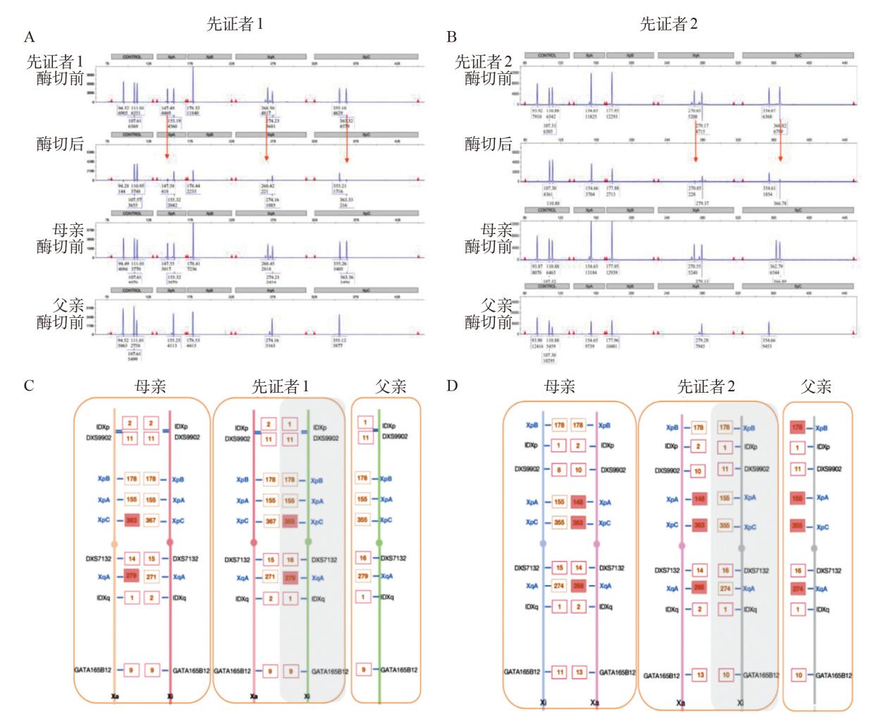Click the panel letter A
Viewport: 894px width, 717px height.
(x=29, y=37)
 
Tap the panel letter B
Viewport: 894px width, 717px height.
(x=452, y=37)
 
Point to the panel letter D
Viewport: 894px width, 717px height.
(x=452, y=386)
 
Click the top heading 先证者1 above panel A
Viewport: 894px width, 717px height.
(x=235, y=24)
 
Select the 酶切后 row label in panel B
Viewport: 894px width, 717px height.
(x=488, y=145)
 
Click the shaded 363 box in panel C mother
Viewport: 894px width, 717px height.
(x=131, y=520)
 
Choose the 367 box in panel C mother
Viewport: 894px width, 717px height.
(x=151, y=520)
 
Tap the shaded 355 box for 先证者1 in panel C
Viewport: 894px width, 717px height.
(x=290, y=521)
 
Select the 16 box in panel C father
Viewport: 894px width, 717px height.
(x=363, y=558)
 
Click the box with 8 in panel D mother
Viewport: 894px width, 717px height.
(x=559, y=470)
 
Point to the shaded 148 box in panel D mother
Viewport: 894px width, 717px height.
(x=578, y=502)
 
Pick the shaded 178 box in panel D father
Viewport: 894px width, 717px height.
(x=797, y=428)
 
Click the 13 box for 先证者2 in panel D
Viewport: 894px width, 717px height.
(x=699, y=675)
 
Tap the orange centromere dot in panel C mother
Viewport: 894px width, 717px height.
(x=115, y=544)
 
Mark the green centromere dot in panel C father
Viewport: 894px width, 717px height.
(x=379, y=542)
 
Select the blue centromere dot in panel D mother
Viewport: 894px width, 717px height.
(x=543, y=544)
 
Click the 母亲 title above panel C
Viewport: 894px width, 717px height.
(x=150, y=386)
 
